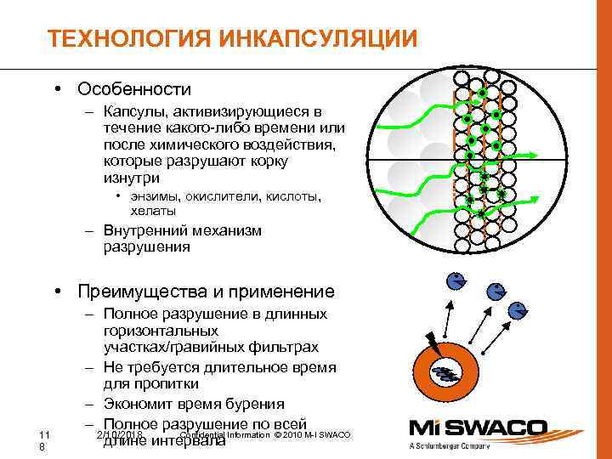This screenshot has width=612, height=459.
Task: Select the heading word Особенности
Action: coord(133,88)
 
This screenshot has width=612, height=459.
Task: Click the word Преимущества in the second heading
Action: coord(149,292)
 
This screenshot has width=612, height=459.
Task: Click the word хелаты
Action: coord(153,210)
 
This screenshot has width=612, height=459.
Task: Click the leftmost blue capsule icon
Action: coord(456,281)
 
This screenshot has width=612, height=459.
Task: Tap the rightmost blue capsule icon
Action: coord(516,310)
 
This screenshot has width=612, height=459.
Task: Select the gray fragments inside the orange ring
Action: coord(445,371)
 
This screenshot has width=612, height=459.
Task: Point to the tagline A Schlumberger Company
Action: coord(484,446)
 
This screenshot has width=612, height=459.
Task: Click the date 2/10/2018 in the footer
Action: coord(119,434)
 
